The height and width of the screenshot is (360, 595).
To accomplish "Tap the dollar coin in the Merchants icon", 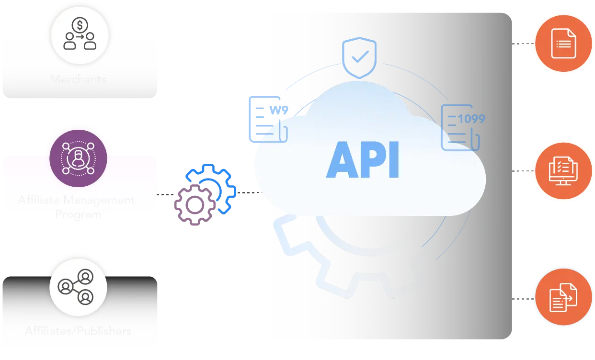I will (80, 24).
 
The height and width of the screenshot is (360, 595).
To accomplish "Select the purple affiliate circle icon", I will (79, 158).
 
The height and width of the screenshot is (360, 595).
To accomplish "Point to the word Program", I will (78, 214).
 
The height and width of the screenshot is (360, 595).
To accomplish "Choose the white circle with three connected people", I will (78, 287).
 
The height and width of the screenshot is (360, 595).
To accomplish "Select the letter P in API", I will (372, 161).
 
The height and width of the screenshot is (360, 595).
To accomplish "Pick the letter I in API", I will (394, 161).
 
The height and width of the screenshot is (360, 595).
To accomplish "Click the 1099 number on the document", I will (471, 119).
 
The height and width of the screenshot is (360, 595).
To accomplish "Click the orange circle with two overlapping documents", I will (563, 298).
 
